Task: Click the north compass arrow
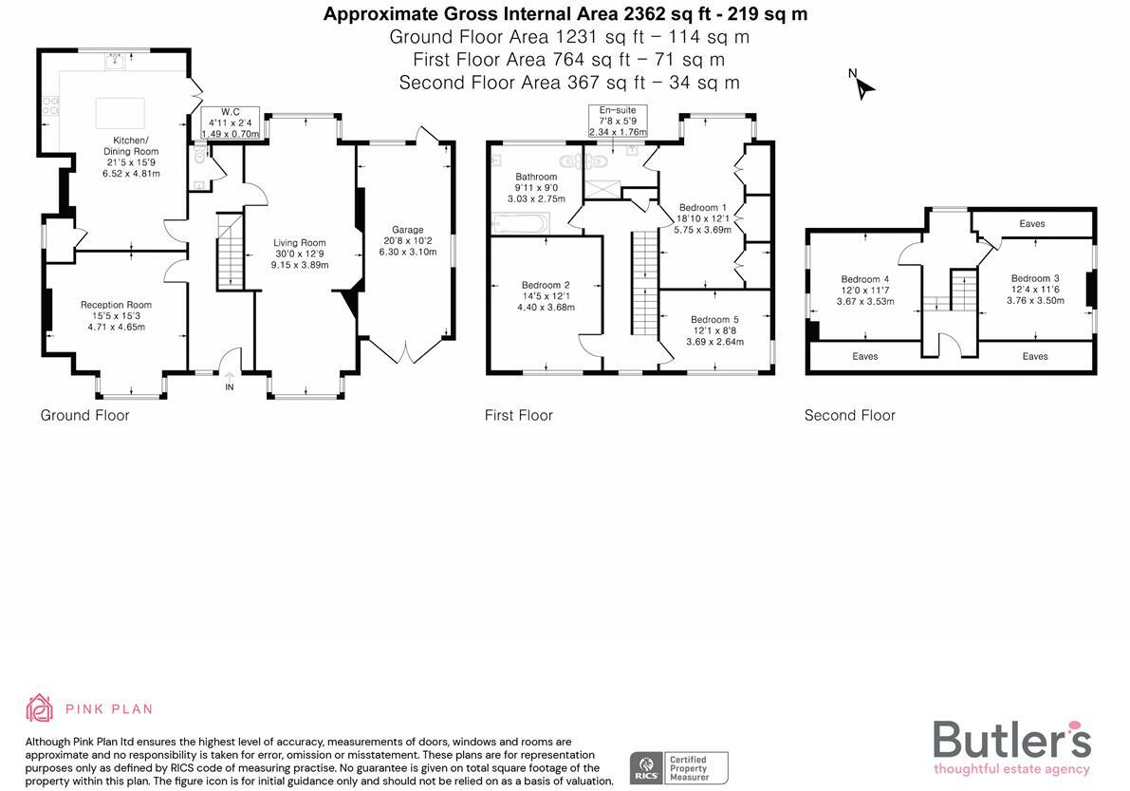pos(862,86)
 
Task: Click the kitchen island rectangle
pos(120,112)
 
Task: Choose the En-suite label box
pos(617,122)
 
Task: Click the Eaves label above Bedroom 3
pos(1032,224)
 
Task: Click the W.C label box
pos(231,122)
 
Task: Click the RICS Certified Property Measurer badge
pos(679,767)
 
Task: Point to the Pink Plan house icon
pos(40,708)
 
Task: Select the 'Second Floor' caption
pos(849,415)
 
